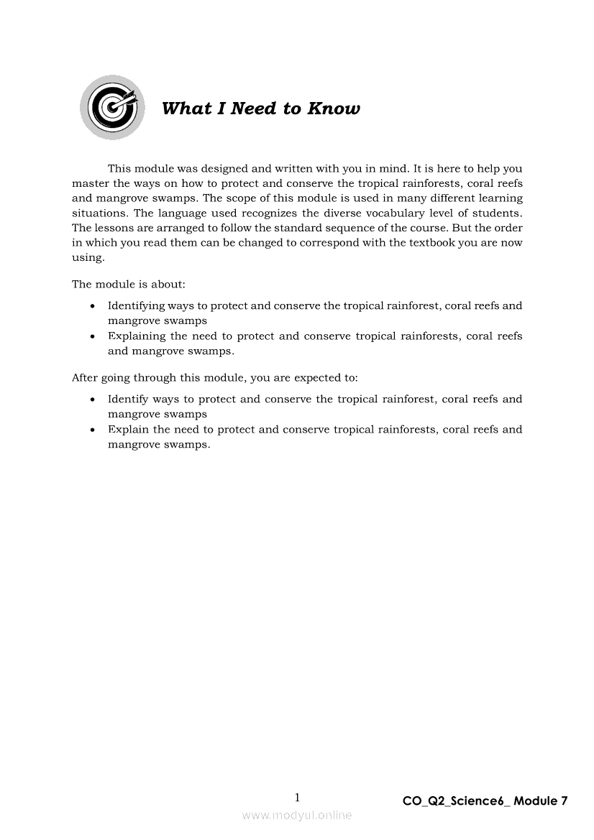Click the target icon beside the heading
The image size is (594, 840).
pos(111,107)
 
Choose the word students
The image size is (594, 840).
pos(497,213)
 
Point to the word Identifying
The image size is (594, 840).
pos(135,306)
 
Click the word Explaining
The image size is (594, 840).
pos(137,336)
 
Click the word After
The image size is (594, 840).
pos(84,377)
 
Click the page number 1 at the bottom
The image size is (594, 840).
pos(297,798)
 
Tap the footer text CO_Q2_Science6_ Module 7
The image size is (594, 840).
pos(485,800)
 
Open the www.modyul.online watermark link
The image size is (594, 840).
pos(297,815)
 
